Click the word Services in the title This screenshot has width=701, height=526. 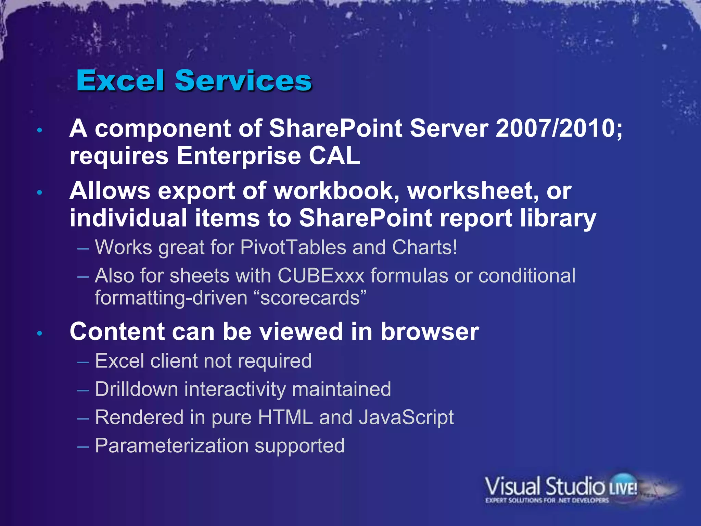click(243, 81)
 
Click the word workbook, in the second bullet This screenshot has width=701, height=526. click(337, 191)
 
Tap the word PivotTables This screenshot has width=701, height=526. click(293, 247)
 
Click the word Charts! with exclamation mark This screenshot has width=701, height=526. click(425, 247)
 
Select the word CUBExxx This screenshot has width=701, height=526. click(321, 276)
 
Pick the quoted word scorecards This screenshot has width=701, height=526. click(310, 298)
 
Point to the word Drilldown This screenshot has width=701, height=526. click(137, 389)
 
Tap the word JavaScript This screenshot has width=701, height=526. click(406, 418)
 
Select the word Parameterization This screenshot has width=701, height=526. click(172, 446)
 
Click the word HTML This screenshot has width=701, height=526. click(285, 417)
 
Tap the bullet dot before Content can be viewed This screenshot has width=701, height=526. click(40, 333)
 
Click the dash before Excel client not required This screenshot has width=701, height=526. click(83, 362)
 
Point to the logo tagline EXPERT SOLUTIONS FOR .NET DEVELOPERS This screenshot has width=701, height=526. click(547, 501)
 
